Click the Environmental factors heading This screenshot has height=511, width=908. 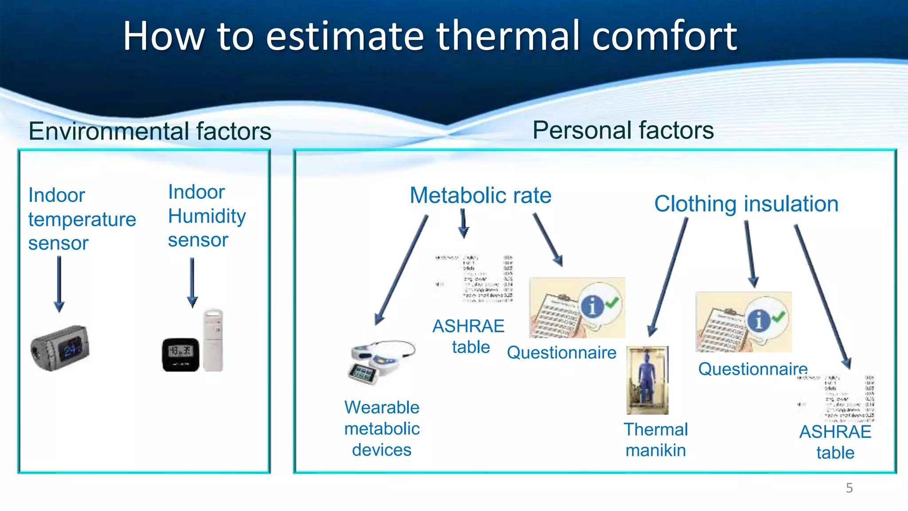click(x=150, y=132)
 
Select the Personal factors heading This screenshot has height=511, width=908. click(x=623, y=130)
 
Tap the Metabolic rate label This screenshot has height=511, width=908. click(x=480, y=196)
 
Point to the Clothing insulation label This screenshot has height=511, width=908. click(x=746, y=204)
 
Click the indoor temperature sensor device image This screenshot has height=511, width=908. click(x=60, y=348)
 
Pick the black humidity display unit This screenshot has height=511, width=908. click(x=180, y=354)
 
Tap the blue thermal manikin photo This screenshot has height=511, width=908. click(x=647, y=380)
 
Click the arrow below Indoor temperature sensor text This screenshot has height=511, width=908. click(x=59, y=284)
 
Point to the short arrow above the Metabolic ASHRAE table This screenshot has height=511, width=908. click(x=463, y=223)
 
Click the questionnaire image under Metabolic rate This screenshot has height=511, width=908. click(x=577, y=307)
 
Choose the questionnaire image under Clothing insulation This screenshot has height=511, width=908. click(x=743, y=322)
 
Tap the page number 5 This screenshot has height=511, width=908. click(x=849, y=488)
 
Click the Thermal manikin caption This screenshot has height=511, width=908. click(x=656, y=440)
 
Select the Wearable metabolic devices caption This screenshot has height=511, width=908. click(x=382, y=428)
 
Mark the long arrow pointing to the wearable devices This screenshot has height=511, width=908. click(x=401, y=271)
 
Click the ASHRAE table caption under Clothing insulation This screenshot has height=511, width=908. click(x=835, y=442)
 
